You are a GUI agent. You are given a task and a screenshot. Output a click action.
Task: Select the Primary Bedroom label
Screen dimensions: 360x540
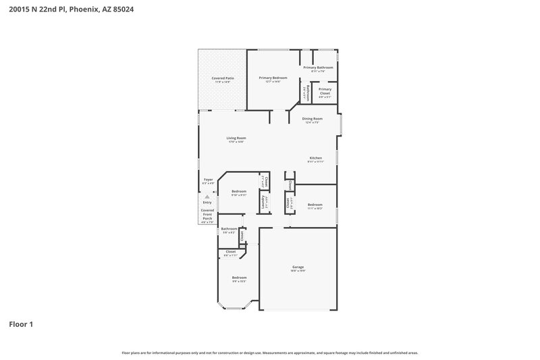(273, 78)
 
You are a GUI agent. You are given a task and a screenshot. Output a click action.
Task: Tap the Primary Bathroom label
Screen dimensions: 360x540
(318, 68)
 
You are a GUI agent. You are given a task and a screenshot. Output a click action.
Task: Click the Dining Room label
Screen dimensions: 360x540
(312, 119)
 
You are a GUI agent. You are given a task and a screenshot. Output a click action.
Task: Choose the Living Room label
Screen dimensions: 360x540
(236, 138)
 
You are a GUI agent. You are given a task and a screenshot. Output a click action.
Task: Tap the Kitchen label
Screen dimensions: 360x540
(316, 158)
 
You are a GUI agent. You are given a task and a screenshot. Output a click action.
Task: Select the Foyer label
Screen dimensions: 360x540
(208, 180)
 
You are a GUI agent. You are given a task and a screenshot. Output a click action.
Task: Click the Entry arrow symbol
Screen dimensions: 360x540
(207, 197)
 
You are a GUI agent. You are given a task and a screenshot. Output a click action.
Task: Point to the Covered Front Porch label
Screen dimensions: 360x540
(207, 214)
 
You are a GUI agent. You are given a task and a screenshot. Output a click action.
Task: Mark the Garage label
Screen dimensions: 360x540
(298, 267)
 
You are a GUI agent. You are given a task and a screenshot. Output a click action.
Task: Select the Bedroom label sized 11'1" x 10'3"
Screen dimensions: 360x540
(315, 205)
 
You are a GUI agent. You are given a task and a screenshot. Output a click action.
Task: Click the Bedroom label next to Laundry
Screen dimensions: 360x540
(239, 191)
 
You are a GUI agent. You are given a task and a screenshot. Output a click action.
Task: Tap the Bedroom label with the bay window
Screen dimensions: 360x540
(240, 278)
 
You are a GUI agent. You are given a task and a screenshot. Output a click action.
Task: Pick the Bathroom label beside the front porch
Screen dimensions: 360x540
(229, 228)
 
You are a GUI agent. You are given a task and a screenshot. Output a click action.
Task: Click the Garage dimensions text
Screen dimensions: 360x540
(298, 271)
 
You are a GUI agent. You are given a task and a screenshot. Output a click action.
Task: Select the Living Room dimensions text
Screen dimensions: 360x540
(236, 142)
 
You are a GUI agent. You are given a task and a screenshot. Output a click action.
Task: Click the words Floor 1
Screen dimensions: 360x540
(21, 324)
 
